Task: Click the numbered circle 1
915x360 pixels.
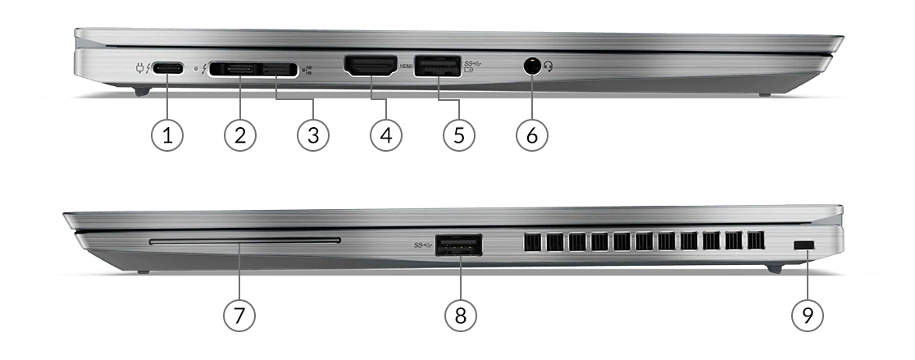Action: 167,135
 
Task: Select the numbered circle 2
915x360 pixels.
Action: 240,135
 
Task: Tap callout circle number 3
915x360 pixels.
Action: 313,135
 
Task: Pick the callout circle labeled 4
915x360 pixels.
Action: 386,135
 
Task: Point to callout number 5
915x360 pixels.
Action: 459,135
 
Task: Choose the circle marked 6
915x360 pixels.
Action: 532,135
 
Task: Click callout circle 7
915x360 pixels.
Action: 239,315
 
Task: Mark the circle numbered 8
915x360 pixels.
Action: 461,315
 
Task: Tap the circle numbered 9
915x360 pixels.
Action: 808,315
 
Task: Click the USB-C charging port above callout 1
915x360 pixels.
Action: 168,68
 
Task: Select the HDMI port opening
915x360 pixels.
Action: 371,66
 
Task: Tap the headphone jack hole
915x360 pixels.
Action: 531,66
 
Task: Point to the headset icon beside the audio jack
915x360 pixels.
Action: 548,67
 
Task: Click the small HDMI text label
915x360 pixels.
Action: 406,66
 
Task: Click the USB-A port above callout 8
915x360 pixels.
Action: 458,245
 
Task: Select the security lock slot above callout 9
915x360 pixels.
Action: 804,247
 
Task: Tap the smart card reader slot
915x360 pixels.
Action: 245,240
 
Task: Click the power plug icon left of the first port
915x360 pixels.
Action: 139,68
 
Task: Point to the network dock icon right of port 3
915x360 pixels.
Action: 307,70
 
